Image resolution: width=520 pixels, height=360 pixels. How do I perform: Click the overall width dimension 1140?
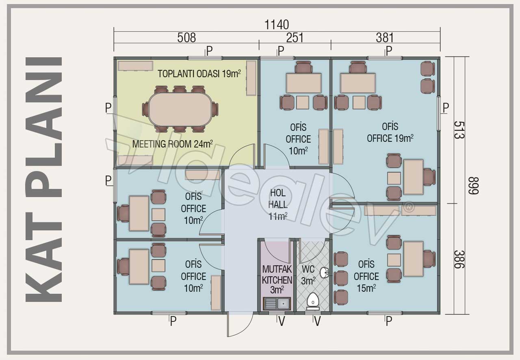277,25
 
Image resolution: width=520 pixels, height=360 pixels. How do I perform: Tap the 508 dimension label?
186,38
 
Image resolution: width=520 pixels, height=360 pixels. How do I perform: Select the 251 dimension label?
295,38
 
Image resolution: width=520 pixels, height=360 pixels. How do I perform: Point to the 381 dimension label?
385,38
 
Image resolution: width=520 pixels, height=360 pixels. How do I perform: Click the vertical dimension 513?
459,130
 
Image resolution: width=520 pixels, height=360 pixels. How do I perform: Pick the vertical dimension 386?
459,259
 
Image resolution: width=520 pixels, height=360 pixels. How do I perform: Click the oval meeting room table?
180,109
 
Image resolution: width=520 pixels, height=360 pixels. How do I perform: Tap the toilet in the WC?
313,301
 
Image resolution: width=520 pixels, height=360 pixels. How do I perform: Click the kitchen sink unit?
277,304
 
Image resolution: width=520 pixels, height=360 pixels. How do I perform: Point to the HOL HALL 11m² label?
278,205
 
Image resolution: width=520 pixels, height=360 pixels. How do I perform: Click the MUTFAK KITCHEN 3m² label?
277,280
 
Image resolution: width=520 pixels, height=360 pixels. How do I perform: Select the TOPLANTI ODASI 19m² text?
199,74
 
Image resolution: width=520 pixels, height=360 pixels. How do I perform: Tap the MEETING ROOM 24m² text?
173,144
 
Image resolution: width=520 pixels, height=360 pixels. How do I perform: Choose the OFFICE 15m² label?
366,276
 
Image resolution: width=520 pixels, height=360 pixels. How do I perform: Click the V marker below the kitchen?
282,322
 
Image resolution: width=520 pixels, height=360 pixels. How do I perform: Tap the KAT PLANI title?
43,179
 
